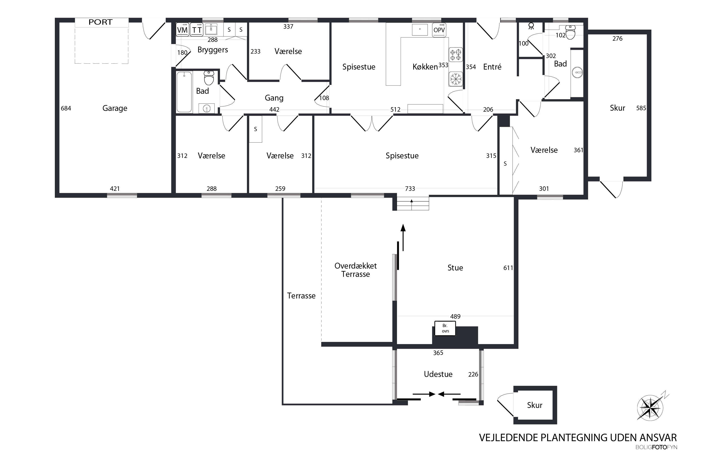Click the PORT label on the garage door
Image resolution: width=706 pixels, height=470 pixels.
[100, 22]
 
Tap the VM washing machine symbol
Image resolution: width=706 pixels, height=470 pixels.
[182, 29]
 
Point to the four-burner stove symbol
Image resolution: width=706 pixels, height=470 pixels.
[456, 55]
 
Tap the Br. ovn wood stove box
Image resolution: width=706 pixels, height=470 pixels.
[445, 328]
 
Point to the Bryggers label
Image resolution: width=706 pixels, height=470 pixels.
[213, 50]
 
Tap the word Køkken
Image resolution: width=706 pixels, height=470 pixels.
[425, 67]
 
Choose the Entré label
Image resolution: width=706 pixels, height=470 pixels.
[492, 67]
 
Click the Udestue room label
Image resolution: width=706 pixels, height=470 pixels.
[438, 374]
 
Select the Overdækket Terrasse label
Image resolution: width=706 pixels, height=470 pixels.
[355, 270]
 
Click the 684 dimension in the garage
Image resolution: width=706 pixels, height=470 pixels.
[66, 108]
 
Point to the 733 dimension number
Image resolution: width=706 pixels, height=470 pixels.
[410, 188]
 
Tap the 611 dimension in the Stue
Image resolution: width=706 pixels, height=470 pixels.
[508, 268]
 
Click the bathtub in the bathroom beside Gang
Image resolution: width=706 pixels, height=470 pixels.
[184, 92]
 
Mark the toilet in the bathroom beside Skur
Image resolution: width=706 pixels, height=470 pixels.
[570, 32]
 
